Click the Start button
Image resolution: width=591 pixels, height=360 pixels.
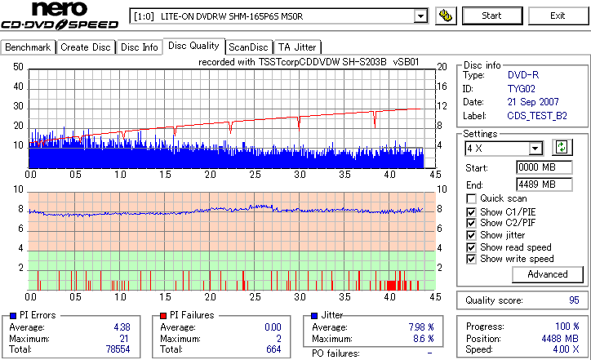(x=492, y=16)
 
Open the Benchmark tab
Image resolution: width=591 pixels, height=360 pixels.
(x=28, y=47)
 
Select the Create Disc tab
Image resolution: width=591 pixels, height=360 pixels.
(x=86, y=47)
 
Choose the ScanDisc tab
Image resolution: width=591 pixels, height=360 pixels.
(x=248, y=47)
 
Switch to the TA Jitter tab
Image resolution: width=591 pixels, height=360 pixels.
(x=297, y=47)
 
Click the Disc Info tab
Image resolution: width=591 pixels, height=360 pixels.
(x=140, y=47)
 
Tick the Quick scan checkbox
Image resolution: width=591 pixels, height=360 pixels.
(x=472, y=198)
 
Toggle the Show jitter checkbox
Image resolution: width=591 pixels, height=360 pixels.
(x=472, y=235)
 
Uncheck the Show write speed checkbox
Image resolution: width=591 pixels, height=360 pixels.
(x=472, y=259)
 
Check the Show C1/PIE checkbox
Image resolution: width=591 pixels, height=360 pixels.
(x=472, y=211)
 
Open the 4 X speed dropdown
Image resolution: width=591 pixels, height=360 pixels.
(x=535, y=149)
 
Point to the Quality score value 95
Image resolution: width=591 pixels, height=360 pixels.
(x=574, y=300)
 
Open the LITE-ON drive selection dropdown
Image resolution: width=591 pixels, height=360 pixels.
(x=421, y=16)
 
